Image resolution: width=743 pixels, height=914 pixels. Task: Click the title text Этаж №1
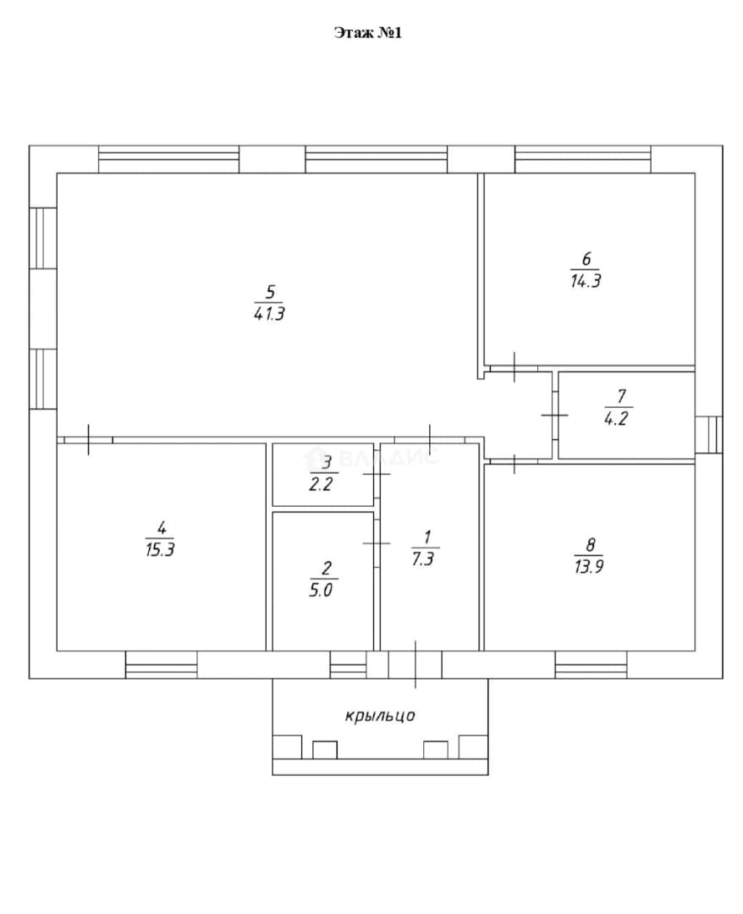point(368,33)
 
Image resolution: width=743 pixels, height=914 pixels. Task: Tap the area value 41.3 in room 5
point(269,314)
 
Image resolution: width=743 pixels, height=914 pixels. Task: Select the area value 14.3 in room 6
point(586,281)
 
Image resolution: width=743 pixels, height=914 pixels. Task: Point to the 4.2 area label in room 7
point(616,419)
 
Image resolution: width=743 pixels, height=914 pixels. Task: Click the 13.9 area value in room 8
point(589,566)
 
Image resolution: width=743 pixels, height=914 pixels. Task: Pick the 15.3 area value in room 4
point(160,550)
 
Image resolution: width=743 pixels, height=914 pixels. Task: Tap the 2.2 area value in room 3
point(321,484)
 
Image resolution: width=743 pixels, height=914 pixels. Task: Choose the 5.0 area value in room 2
point(321,590)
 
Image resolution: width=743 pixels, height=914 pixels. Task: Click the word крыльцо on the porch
point(380,715)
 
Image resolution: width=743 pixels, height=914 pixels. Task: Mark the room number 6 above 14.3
point(586,258)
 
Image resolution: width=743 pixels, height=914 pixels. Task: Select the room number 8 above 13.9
point(591,545)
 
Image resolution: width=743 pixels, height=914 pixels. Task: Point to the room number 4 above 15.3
point(162,528)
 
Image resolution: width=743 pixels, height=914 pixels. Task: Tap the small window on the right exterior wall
point(708,435)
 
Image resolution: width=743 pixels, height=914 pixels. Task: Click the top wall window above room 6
point(583,159)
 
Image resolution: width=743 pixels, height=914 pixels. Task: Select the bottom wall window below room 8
point(591,664)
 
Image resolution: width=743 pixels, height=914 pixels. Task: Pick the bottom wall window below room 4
point(162,664)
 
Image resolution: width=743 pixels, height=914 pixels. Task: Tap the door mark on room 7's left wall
point(555,415)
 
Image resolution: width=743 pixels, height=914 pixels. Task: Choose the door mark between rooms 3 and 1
point(377,474)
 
